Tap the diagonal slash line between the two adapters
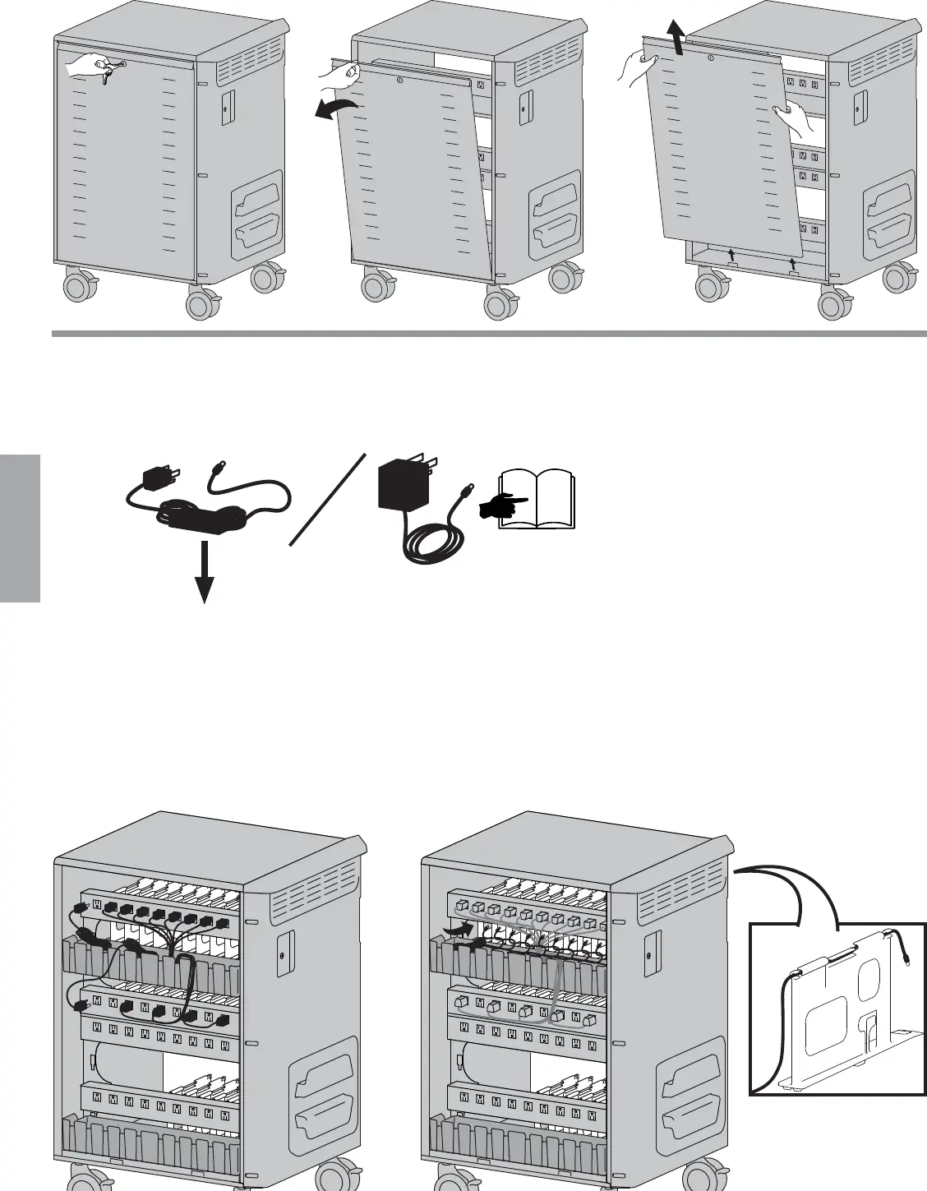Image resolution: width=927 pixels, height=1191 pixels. tap(327, 499)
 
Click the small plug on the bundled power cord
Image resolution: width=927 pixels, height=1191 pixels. tap(157, 478)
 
